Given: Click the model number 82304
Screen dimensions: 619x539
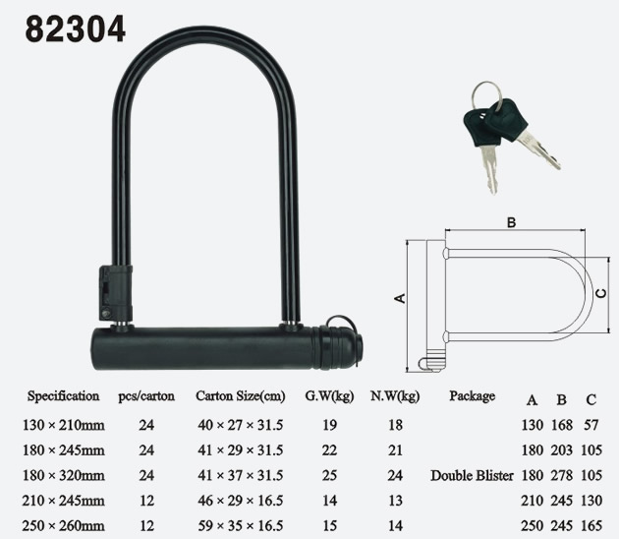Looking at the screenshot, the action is (x=76, y=29).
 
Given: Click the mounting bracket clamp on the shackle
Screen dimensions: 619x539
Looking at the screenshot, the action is (x=115, y=292).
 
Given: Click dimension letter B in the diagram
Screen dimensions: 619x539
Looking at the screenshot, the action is (x=511, y=222).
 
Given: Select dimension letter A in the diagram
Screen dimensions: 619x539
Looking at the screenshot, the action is (x=400, y=298).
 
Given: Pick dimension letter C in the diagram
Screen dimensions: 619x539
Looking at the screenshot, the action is (x=601, y=294).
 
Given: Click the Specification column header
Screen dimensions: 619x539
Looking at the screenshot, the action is (x=63, y=396).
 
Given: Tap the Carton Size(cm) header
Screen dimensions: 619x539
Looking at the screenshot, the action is (x=241, y=396).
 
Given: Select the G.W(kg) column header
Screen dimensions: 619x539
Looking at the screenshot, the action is (x=329, y=396).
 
